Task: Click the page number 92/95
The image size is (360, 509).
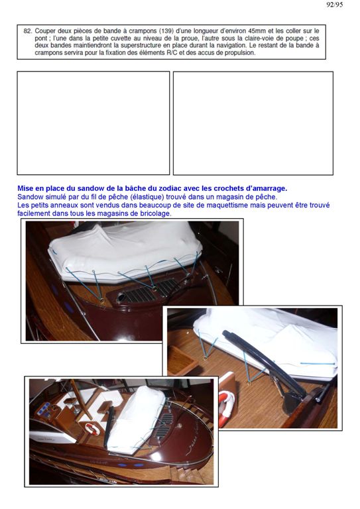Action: point(334,5)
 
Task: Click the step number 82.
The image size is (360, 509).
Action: point(28,31)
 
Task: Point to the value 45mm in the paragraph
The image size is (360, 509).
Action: point(256,31)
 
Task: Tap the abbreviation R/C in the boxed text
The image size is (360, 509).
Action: point(171,52)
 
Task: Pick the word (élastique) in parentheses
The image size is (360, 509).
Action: point(147,197)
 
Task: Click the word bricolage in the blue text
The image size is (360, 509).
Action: point(155,213)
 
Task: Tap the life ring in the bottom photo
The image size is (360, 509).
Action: point(92,429)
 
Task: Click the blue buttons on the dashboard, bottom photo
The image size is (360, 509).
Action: point(44,409)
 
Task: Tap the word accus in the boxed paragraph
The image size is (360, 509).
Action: point(205,52)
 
